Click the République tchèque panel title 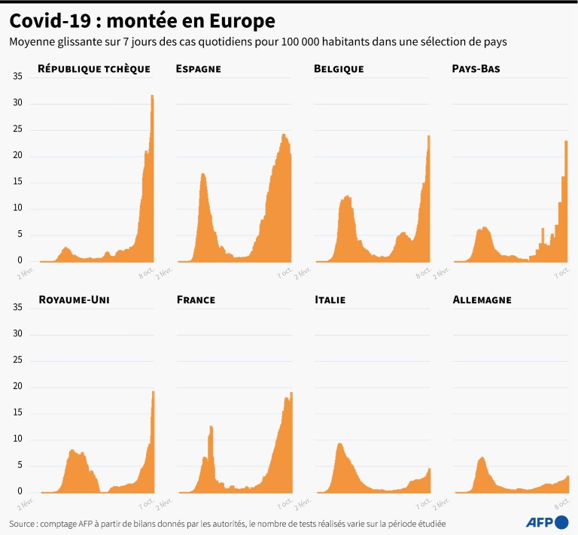(x=93, y=68)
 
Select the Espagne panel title (x=198, y=68)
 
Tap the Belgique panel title (x=339, y=68)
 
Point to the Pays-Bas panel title (x=476, y=68)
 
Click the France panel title (x=196, y=299)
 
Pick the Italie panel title (x=330, y=299)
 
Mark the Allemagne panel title (x=482, y=299)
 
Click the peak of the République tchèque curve (x=152, y=96)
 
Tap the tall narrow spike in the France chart (x=211, y=427)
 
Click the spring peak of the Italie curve (x=339, y=444)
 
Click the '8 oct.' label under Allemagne (x=560, y=501)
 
